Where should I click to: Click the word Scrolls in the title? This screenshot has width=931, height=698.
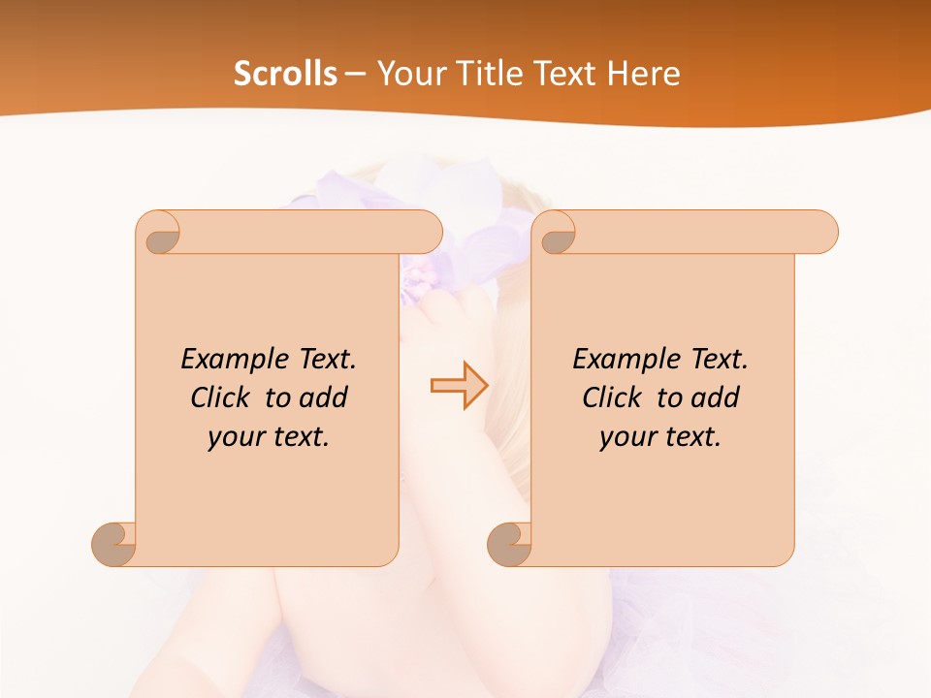click(x=285, y=74)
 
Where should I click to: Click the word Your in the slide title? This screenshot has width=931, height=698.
click(x=411, y=74)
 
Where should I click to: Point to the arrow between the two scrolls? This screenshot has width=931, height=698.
click(x=459, y=386)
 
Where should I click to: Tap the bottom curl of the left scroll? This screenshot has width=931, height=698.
click(x=114, y=543)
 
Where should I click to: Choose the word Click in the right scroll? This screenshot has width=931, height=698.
click(x=611, y=397)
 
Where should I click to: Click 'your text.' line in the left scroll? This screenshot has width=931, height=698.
click(x=269, y=437)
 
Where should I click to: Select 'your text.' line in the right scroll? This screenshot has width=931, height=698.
click(x=660, y=437)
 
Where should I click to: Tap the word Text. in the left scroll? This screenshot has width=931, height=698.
click(x=325, y=360)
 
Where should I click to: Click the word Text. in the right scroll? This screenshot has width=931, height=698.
click(x=717, y=360)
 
